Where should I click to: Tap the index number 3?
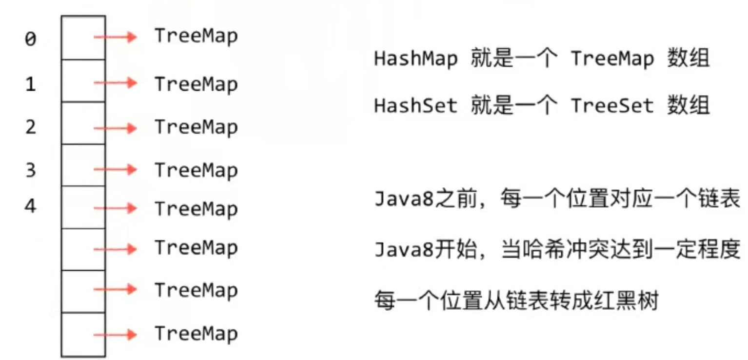[30, 171]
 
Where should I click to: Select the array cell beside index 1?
[83, 80]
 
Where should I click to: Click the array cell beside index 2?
[83, 123]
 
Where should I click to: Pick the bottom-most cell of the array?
[83, 335]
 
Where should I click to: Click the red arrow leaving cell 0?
[115, 37]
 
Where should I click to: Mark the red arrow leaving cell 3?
[115, 169]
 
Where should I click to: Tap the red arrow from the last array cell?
[115, 335]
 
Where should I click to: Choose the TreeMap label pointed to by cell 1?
[196, 84]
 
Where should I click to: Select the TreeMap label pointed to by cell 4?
[196, 209]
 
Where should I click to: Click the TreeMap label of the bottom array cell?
[196, 334]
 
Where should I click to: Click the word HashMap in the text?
[416, 59]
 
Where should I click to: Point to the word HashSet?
[416, 105]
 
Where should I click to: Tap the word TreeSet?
[612, 105]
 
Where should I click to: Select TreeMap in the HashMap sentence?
[612, 59]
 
